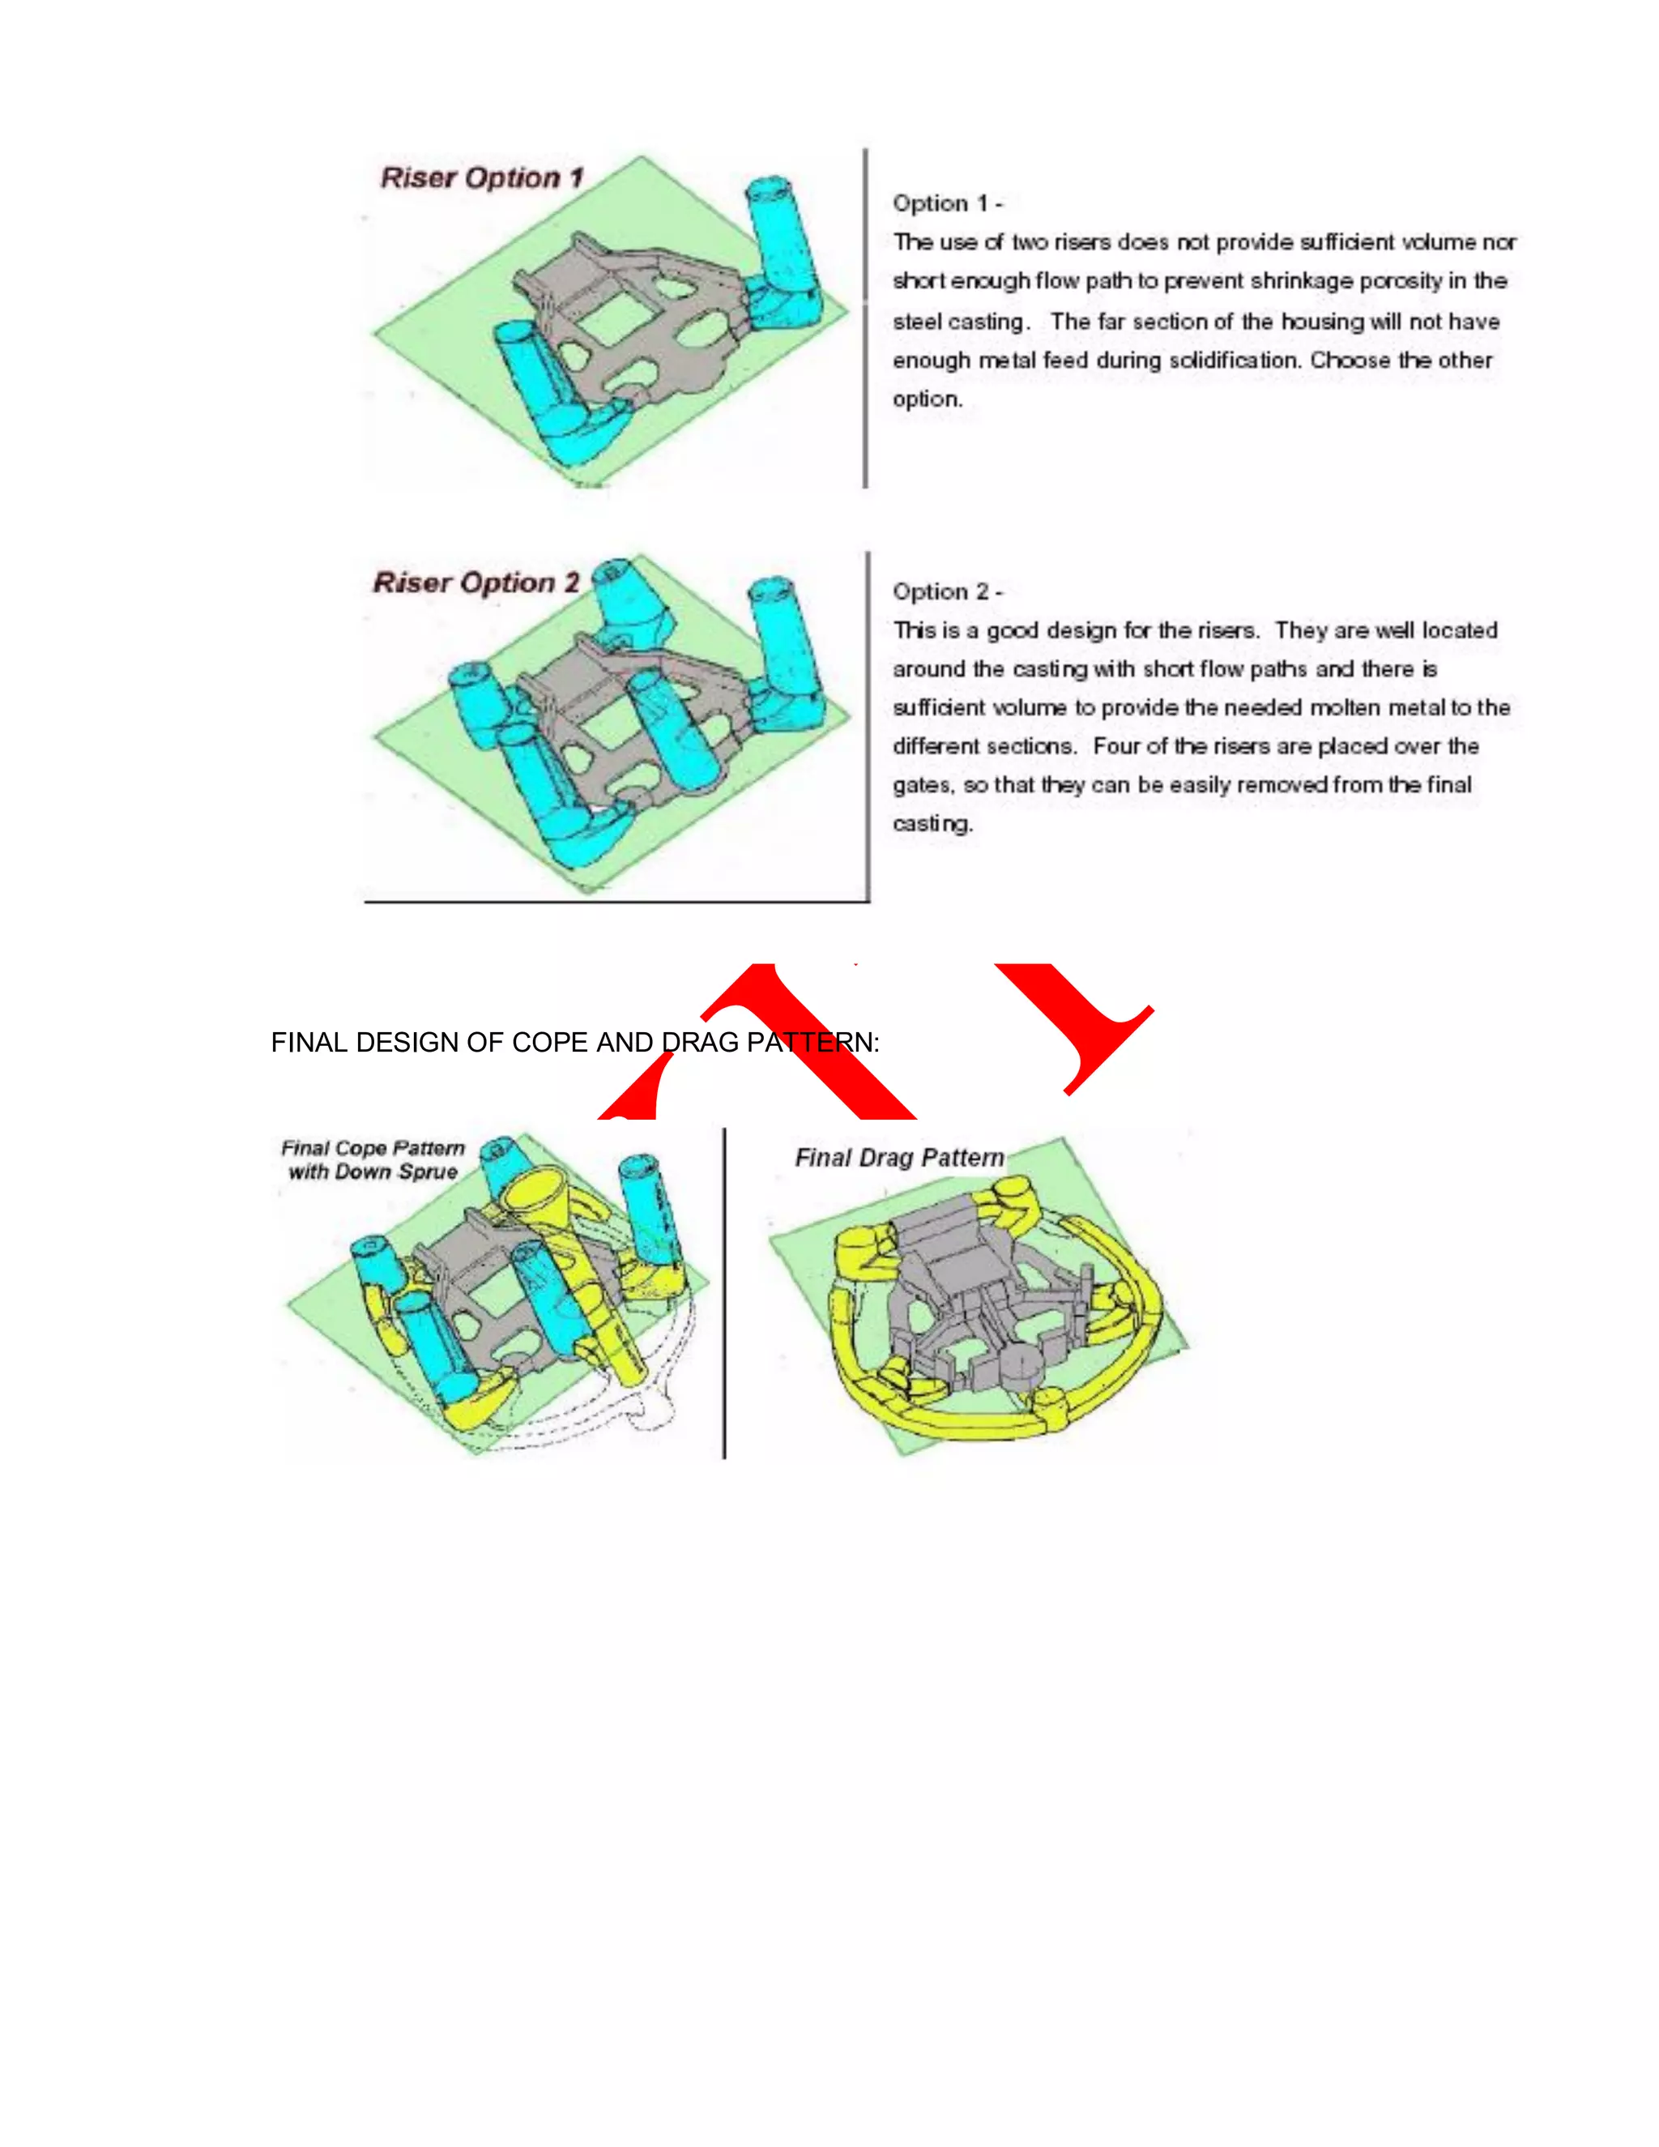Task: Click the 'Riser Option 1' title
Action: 482,178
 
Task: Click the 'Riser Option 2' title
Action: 476,583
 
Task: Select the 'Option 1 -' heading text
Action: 946,203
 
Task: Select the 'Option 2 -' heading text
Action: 946,591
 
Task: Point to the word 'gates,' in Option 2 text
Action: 923,785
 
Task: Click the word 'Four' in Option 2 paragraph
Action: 1115,746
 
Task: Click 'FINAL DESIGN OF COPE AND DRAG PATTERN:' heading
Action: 575,1043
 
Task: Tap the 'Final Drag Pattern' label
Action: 899,1158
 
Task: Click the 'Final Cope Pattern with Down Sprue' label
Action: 373,1160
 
